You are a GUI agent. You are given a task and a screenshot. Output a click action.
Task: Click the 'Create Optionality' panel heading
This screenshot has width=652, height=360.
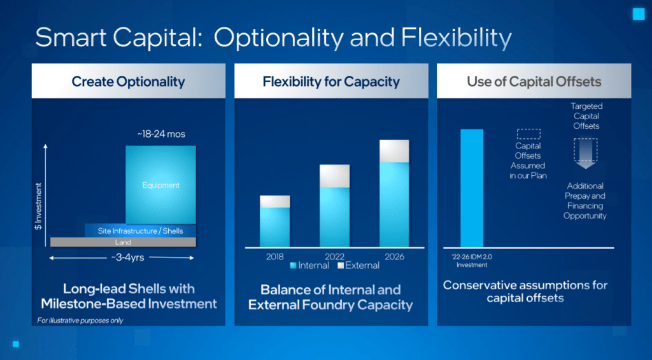128,82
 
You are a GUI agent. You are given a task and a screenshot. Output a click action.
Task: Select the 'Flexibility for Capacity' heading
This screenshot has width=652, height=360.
331,82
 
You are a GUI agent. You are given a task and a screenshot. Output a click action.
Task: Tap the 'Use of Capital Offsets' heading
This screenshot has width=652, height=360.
534,82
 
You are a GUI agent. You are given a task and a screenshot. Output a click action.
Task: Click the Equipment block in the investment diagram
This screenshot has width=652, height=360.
160,185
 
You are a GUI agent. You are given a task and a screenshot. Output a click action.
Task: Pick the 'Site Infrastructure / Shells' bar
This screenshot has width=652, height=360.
140,231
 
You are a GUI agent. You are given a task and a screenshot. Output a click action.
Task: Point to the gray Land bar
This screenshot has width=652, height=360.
123,242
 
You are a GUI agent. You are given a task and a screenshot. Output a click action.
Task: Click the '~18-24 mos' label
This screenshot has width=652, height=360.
161,134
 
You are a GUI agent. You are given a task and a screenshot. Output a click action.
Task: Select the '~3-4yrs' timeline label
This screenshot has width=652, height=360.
127,257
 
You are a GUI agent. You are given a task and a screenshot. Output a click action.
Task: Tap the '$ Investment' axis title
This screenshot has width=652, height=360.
38,206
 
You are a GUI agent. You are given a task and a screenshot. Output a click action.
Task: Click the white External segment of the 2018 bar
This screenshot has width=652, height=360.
275,201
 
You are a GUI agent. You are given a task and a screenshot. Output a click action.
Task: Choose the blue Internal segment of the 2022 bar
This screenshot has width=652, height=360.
334,217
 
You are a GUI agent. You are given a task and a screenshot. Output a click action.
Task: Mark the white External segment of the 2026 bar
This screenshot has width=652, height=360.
394,151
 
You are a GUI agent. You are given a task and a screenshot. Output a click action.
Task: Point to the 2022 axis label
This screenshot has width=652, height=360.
334,257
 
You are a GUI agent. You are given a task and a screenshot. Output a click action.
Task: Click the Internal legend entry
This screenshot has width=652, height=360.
309,266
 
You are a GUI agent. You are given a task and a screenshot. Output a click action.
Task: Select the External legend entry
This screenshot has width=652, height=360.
358,266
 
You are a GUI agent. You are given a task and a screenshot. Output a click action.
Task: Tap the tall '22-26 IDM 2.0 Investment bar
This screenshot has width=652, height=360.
472,189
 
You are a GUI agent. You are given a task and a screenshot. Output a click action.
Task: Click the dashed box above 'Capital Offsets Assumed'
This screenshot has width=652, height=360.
528,134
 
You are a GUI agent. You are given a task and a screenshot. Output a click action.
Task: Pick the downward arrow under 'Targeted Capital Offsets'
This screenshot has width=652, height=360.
586,154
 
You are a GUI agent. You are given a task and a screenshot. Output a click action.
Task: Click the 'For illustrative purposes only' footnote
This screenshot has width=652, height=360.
80,320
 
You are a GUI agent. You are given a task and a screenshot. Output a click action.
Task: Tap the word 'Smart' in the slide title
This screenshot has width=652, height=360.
71,38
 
